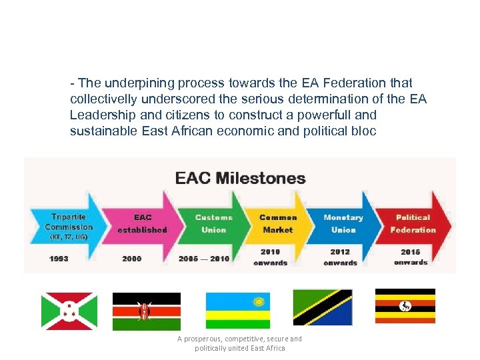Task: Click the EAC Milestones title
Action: click(x=240, y=178)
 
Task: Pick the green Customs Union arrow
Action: click(x=213, y=223)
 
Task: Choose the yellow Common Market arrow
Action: click(x=278, y=223)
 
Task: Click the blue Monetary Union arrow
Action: click(x=343, y=223)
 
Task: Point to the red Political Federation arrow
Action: click(x=413, y=223)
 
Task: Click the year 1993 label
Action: click(x=59, y=259)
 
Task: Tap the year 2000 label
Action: click(x=132, y=259)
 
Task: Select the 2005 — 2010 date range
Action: click(x=204, y=259)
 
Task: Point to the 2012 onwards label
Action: click(x=340, y=257)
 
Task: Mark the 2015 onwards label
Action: click(x=411, y=257)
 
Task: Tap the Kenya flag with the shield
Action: click(x=146, y=311)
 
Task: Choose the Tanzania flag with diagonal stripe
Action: click(x=323, y=307)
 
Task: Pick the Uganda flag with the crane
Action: click(x=405, y=306)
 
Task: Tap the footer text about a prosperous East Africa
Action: click(x=239, y=343)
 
